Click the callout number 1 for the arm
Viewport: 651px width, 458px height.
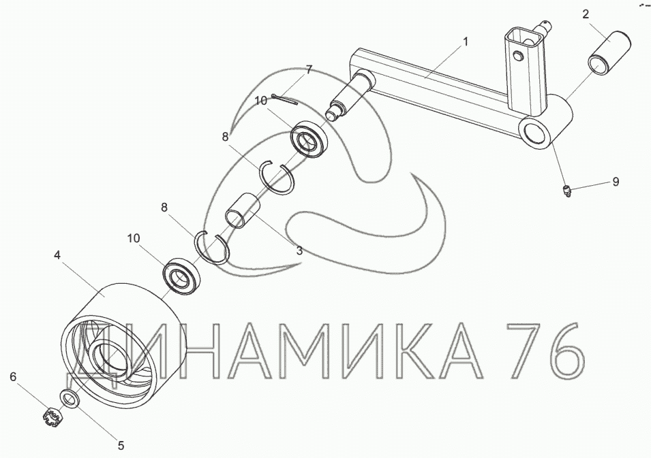pyautogui.click(x=466, y=42)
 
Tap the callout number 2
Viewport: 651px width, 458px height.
pyautogui.click(x=586, y=14)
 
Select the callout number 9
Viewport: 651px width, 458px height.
pyautogui.click(x=616, y=182)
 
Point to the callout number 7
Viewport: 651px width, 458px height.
pyautogui.click(x=308, y=69)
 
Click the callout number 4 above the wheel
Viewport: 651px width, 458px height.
pyautogui.click(x=57, y=255)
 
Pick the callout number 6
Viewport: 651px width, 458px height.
pyautogui.click(x=13, y=377)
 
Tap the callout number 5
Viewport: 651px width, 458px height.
pyautogui.click(x=121, y=446)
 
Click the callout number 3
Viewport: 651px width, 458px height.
pyautogui.click(x=299, y=250)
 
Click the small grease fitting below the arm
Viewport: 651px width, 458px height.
pyautogui.click(x=566, y=191)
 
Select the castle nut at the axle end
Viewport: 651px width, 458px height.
pyautogui.click(x=52, y=416)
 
